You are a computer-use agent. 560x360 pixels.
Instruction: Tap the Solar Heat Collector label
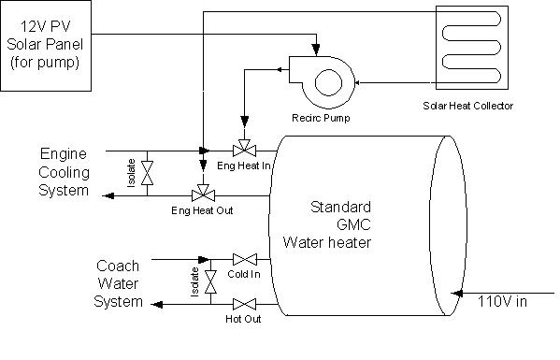point(467,107)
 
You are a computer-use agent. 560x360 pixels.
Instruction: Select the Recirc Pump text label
point(320,119)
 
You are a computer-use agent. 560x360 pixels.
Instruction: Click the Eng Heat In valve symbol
point(245,151)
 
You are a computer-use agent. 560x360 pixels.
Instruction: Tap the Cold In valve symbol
point(245,259)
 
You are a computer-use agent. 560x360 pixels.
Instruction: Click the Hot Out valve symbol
point(245,303)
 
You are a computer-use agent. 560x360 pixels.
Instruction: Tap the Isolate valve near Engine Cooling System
point(147,172)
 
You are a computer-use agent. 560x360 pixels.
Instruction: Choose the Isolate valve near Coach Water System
point(210,281)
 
